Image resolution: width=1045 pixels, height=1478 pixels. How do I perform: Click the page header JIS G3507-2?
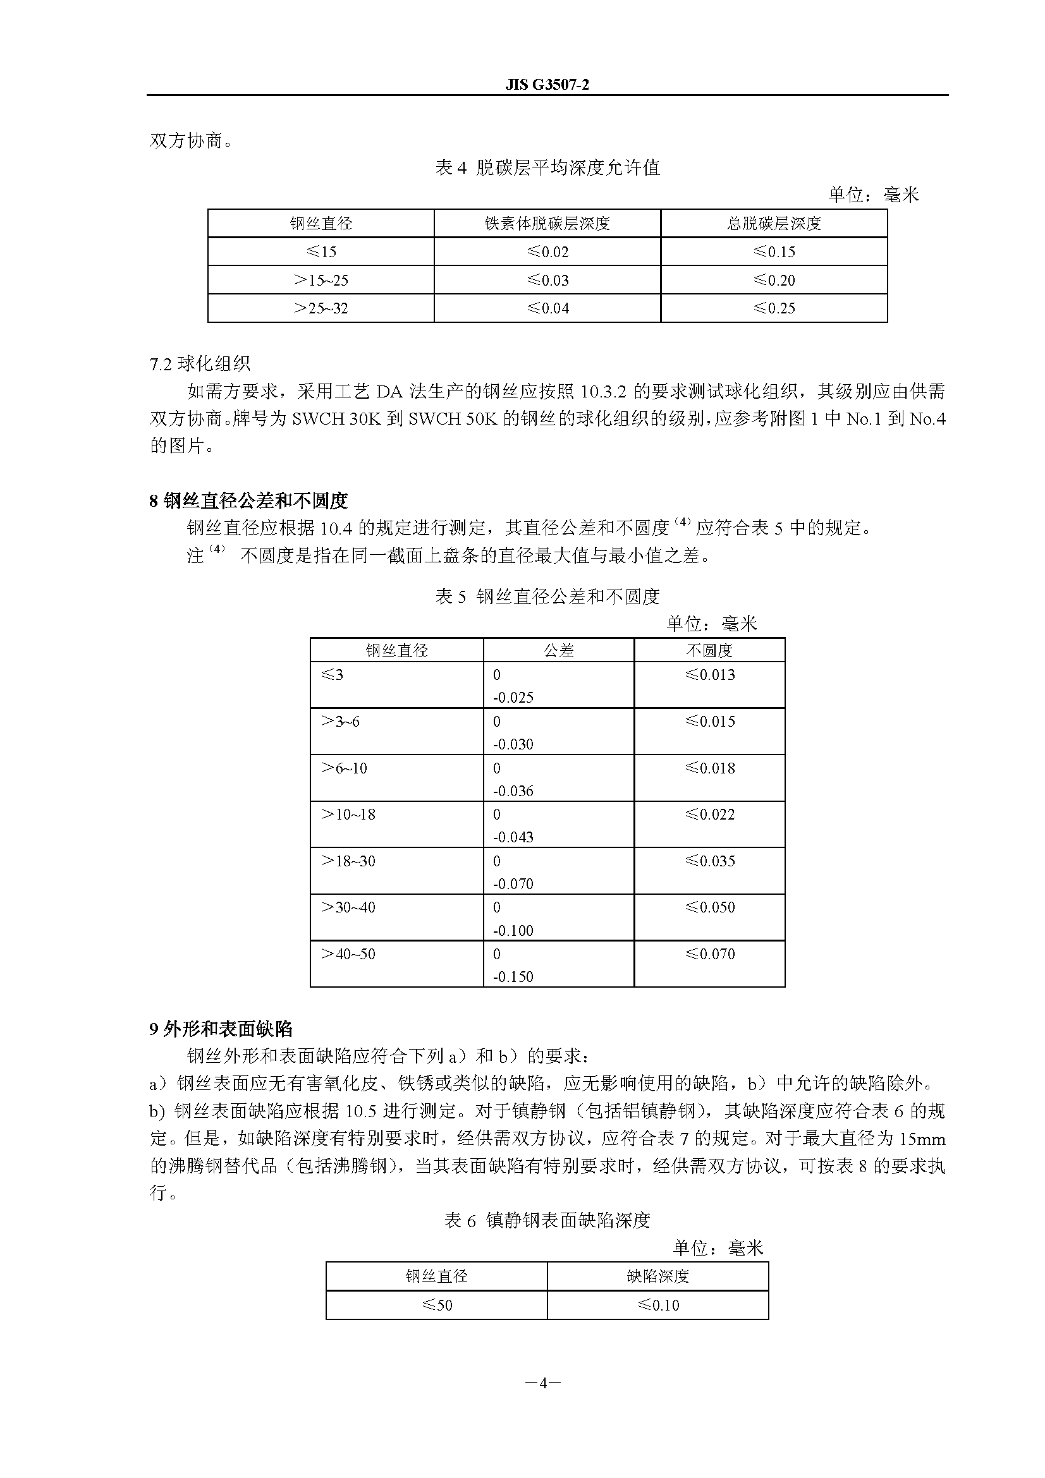547,85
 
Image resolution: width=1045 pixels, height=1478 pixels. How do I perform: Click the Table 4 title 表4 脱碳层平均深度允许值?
547,168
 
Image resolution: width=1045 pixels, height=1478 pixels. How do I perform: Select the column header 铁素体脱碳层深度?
547,223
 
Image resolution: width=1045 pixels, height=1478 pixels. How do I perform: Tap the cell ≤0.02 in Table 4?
547,251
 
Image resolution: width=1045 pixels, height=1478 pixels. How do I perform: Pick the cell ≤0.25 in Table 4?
774,308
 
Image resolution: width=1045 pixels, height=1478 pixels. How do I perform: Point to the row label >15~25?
321,280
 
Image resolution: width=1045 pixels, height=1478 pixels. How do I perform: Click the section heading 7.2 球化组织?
200,364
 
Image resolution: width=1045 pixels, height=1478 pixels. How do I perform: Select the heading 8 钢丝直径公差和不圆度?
248,500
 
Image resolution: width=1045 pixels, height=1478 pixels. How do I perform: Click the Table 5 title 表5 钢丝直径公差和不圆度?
547,597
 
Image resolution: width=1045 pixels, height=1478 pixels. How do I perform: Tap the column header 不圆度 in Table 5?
709,650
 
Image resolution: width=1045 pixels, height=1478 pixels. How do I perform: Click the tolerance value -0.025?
513,697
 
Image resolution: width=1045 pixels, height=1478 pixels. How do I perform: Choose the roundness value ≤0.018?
709,768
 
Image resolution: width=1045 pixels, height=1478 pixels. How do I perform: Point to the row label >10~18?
348,815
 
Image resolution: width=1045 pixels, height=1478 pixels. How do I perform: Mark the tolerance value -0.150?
513,976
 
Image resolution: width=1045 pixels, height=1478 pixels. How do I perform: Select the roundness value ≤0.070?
709,954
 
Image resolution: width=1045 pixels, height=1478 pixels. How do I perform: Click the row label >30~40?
348,907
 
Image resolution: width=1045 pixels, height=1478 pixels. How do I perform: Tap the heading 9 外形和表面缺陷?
221,1029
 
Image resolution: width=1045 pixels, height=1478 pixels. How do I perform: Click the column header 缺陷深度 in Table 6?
657,1276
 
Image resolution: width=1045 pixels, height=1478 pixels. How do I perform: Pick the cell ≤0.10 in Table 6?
657,1305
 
